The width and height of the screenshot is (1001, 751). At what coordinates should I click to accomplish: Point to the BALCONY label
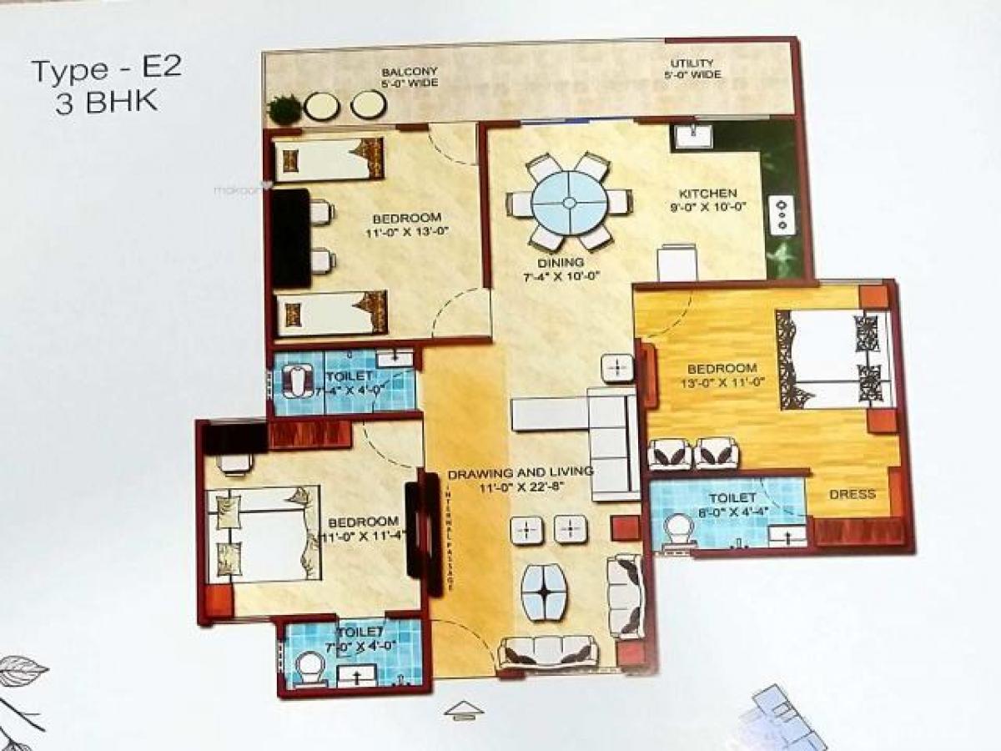[x=410, y=72]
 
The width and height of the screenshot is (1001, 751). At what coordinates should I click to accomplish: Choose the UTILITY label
[x=692, y=63]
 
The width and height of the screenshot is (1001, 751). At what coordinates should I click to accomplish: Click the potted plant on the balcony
[x=284, y=108]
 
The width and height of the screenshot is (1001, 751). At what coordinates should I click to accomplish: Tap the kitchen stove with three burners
[x=782, y=214]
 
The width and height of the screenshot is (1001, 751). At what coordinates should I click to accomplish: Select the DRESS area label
[x=853, y=494]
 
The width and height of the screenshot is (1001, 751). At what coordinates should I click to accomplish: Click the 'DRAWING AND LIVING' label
[x=521, y=472]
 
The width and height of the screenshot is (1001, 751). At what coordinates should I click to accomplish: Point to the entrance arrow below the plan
[x=464, y=709]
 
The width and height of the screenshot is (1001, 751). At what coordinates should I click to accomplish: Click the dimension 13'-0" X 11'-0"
[x=722, y=384]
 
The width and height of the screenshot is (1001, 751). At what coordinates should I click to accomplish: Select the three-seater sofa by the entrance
[x=547, y=651]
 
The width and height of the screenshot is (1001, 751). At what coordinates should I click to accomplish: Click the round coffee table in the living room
[x=543, y=590]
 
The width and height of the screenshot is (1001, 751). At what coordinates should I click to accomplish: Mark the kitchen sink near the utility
[x=692, y=137]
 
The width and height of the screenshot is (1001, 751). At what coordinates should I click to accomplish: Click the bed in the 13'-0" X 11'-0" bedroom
[x=834, y=359]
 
